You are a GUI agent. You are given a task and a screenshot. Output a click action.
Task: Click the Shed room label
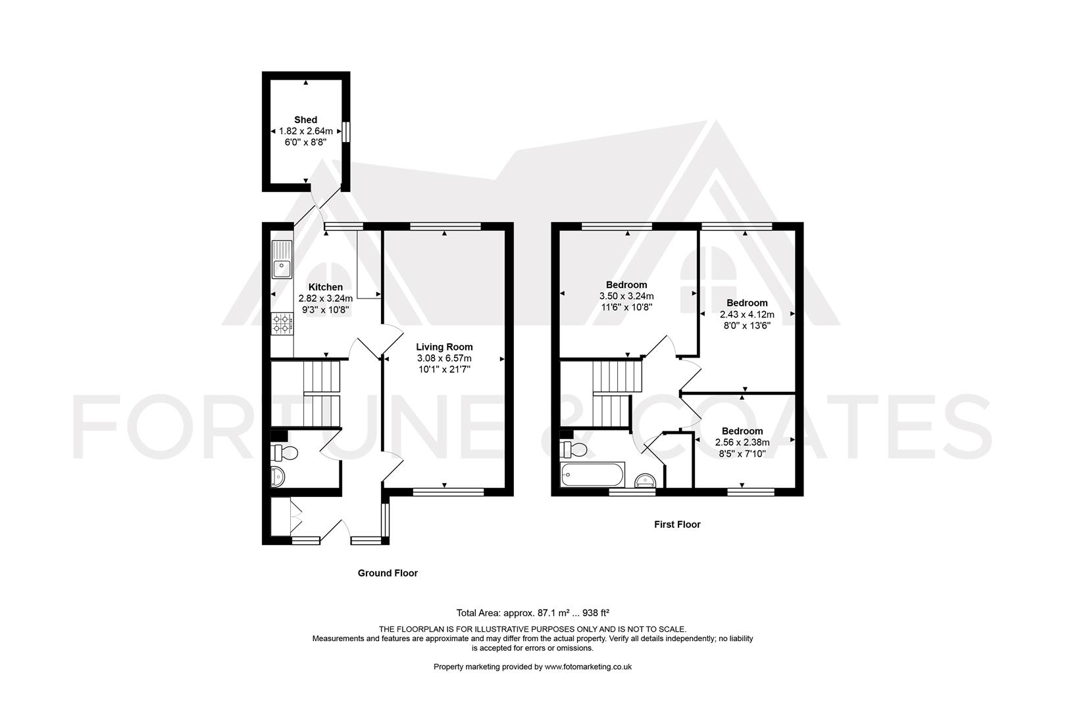[x=305, y=120]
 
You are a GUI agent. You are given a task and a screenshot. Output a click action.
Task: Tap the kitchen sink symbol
[x=282, y=260]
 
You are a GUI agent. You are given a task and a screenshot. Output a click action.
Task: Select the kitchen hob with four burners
[x=282, y=322]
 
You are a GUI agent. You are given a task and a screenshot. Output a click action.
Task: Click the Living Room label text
[x=444, y=346]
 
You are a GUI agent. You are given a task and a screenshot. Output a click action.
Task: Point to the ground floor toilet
[x=285, y=452]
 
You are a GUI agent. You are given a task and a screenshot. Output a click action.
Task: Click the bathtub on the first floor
[x=592, y=474]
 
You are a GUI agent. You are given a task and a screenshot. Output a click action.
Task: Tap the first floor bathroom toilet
[x=574, y=450]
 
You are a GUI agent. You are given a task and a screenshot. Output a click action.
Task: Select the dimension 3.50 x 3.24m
[x=626, y=296]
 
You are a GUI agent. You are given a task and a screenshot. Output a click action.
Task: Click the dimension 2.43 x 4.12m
[x=747, y=314]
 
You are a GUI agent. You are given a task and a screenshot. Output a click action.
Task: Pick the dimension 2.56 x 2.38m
[x=742, y=442]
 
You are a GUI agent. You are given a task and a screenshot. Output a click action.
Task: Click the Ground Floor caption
[x=388, y=573]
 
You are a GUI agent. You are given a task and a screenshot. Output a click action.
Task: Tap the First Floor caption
[x=677, y=525]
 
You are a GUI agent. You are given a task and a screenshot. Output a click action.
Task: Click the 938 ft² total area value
[x=591, y=613]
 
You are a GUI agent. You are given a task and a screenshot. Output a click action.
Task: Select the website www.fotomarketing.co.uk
[x=579, y=667]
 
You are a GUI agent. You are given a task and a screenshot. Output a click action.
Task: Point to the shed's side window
[x=347, y=131]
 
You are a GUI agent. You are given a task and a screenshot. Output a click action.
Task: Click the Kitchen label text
[x=326, y=287]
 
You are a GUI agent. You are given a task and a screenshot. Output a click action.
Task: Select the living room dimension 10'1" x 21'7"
[x=444, y=369]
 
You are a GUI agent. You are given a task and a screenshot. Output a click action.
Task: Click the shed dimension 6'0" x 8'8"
[x=305, y=141]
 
